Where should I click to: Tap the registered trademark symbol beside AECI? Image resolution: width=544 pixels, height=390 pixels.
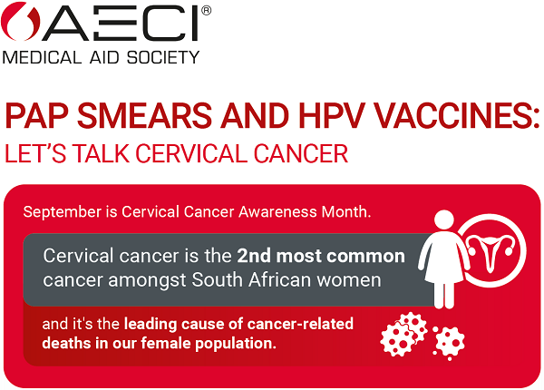(206, 12)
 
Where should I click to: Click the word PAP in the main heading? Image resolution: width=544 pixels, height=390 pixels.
(34, 117)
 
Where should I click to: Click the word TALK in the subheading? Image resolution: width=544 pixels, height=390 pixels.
(102, 153)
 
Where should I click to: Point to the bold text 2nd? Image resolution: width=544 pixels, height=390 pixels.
(257, 254)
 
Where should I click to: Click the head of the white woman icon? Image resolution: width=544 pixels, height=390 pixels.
(444, 220)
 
